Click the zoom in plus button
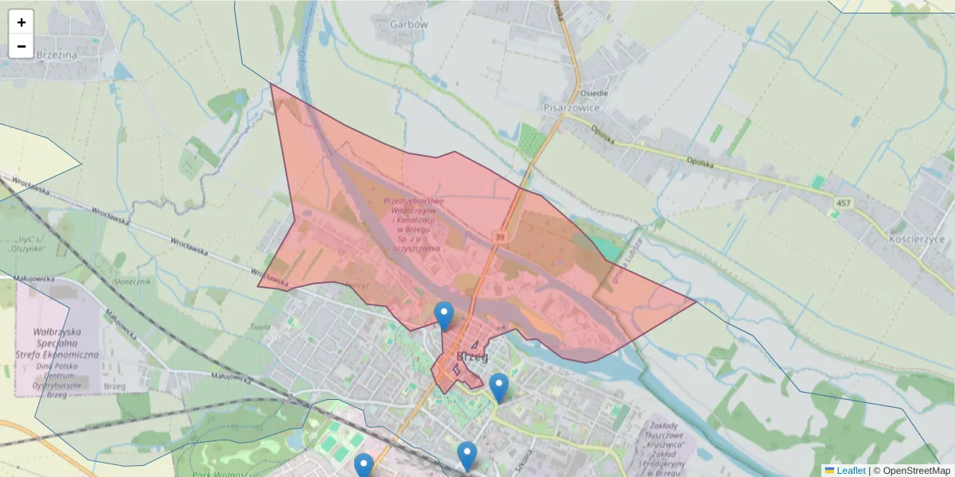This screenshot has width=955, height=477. (21, 22)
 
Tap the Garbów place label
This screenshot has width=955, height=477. (409, 24)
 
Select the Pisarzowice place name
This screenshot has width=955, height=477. (571, 107)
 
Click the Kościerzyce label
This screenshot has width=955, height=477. (918, 239)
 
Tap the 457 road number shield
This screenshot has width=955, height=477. (843, 204)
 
